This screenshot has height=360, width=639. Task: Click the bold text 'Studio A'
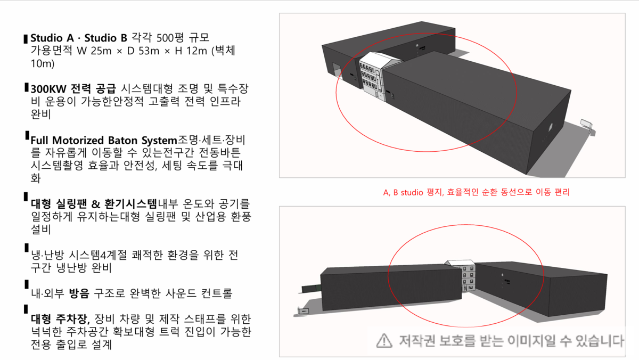52,38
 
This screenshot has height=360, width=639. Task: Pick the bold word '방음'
79,293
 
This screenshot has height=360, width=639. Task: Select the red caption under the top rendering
477,193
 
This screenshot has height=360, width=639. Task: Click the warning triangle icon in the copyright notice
383,340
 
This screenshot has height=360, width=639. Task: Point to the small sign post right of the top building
585,124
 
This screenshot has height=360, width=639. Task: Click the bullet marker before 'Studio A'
26,39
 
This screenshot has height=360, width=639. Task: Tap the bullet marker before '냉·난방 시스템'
26,249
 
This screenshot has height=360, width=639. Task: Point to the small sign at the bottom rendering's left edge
304,309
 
